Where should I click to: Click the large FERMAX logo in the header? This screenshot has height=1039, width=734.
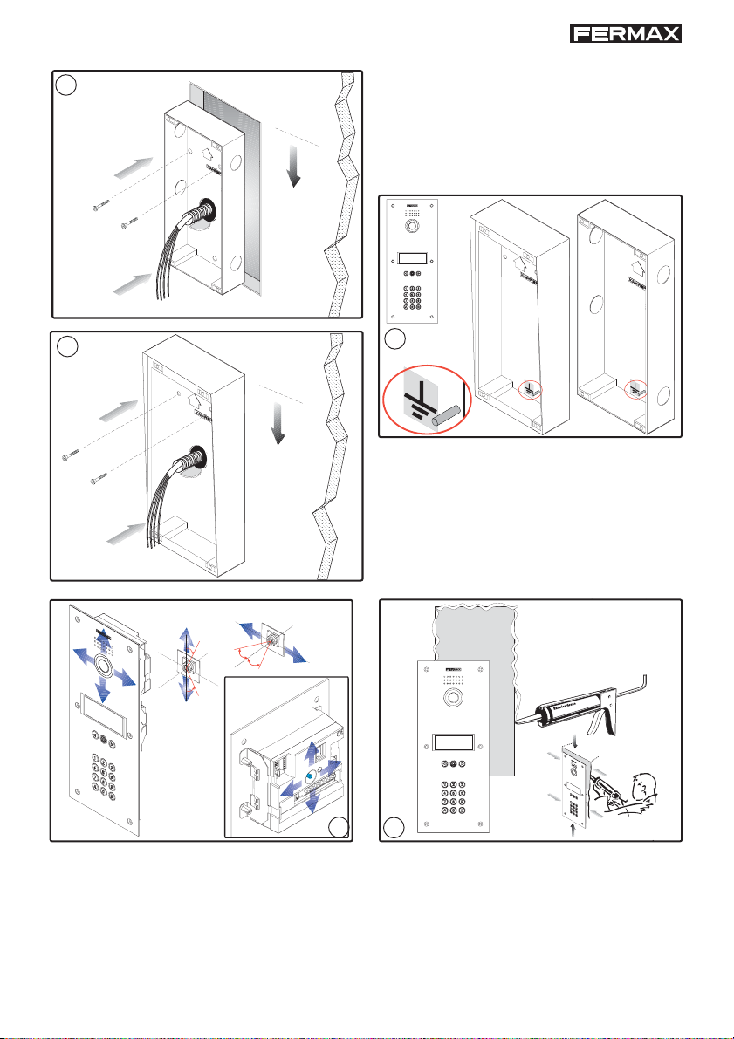[625, 33]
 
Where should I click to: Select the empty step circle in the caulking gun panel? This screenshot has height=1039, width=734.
[395, 824]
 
